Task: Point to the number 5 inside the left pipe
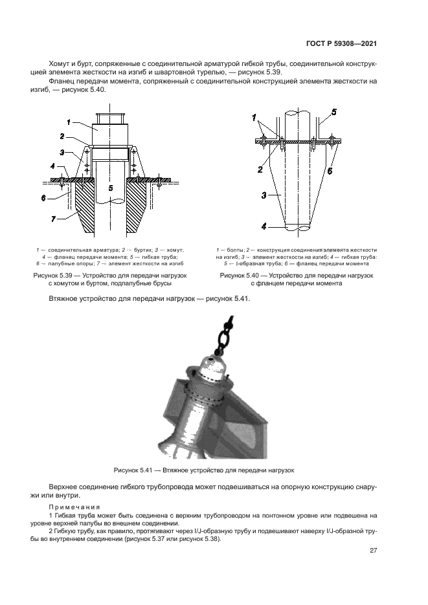(110, 188)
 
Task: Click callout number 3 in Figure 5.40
(264, 193)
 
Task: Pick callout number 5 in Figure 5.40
(334, 112)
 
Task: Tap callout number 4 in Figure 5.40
(264, 226)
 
